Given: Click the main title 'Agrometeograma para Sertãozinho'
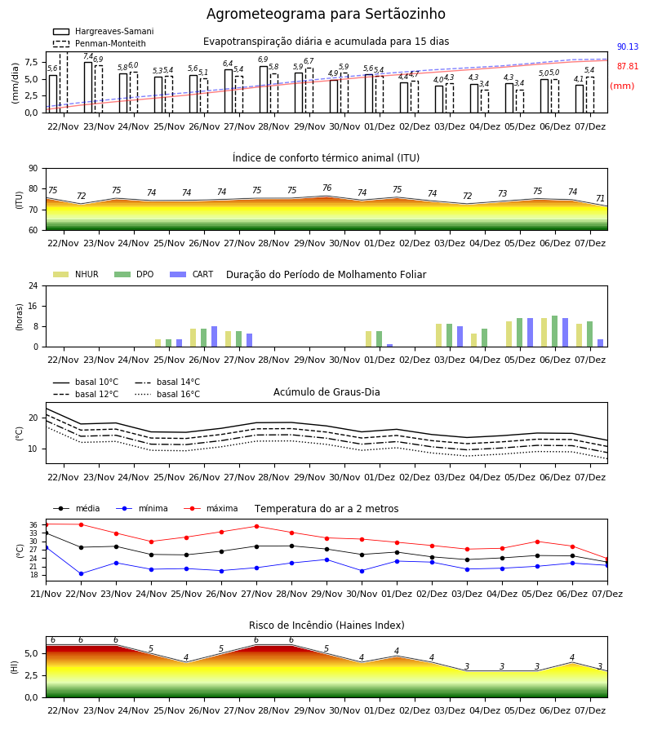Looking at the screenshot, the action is [x=326, y=14].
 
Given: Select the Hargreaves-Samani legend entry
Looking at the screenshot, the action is [x=103, y=31].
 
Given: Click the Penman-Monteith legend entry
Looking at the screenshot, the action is [x=100, y=43].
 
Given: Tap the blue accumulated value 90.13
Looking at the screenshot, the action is [x=628, y=46].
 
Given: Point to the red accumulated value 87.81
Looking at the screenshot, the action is [x=628, y=67].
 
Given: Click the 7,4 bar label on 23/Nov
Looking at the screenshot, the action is [x=88, y=56].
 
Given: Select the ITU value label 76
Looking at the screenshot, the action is [x=327, y=188].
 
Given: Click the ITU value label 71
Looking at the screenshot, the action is [x=600, y=198].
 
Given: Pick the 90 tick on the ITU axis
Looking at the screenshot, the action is [x=33, y=169].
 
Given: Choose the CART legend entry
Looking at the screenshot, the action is [x=192, y=274].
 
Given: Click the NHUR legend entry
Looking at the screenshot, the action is [x=76, y=274].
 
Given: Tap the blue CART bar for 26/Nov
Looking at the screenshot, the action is [x=215, y=337].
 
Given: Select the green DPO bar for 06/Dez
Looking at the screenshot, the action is [x=554, y=331].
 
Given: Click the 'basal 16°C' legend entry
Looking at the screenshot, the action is [x=167, y=394].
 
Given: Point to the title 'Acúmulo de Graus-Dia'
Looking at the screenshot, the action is [x=326, y=392].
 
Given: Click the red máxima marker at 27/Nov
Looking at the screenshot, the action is [x=256, y=526].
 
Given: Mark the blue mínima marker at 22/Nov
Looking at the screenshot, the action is [x=81, y=573].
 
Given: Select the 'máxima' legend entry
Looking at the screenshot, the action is [x=211, y=508].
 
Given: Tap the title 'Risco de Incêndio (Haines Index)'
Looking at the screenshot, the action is [x=326, y=626].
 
